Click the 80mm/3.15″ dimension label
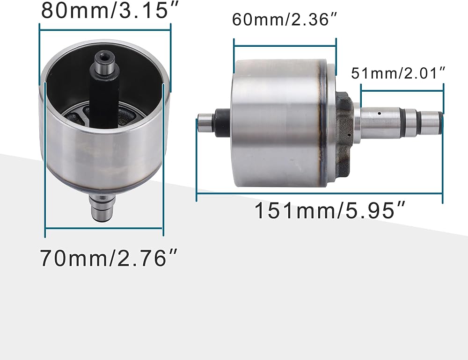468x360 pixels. click(x=110, y=10)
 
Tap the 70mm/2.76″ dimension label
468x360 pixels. click(x=109, y=258)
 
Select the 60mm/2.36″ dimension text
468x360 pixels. click(x=285, y=20)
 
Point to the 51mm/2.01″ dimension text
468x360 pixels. click(x=398, y=73)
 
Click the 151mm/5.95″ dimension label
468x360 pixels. click(x=330, y=210)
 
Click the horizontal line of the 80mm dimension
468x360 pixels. click(x=105, y=30)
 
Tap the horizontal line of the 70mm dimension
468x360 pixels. click(x=104, y=229)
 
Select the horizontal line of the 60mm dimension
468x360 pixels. click(x=285, y=46)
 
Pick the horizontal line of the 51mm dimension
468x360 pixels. click(x=402, y=91)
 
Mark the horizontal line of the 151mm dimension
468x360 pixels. click(x=319, y=194)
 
